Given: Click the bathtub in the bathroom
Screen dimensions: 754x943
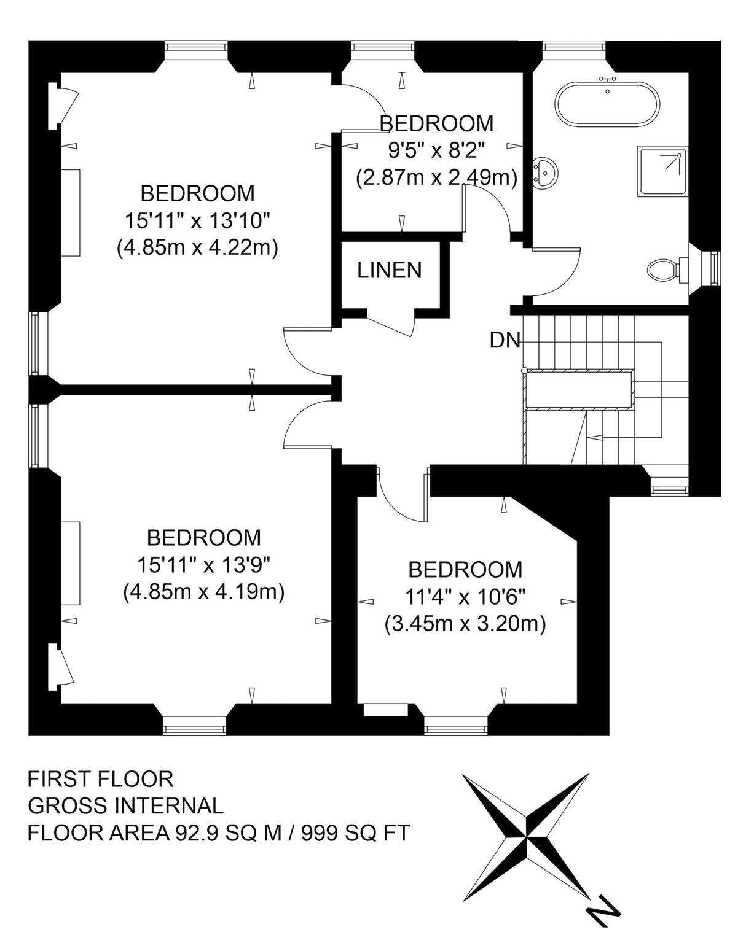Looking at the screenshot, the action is (607, 105).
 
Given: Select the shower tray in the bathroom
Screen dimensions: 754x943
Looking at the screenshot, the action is (661, 171).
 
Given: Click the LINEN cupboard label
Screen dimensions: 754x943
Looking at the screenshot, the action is (389, 270).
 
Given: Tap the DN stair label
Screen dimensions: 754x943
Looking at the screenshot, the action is (505, 340).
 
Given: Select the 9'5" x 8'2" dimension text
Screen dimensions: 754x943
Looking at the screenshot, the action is (436, 151).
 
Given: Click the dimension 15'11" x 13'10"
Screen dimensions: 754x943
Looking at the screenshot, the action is (197, 220).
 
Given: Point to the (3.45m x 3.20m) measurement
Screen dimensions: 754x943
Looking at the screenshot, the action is (465, 624).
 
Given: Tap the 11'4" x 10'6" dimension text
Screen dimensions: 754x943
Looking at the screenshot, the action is (465, 596).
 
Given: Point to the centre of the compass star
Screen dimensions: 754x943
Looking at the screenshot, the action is (526, 831).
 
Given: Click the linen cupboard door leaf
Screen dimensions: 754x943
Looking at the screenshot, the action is (388, 325).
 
